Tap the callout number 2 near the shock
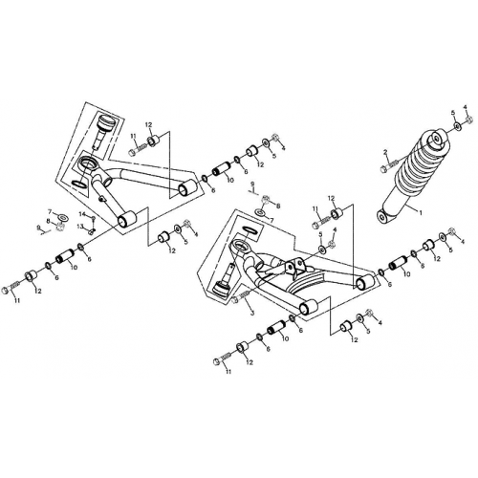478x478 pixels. point(384,153)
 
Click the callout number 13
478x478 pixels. point(82,228)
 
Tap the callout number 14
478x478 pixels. point(82,214)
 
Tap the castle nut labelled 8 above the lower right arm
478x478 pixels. point(265,204)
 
